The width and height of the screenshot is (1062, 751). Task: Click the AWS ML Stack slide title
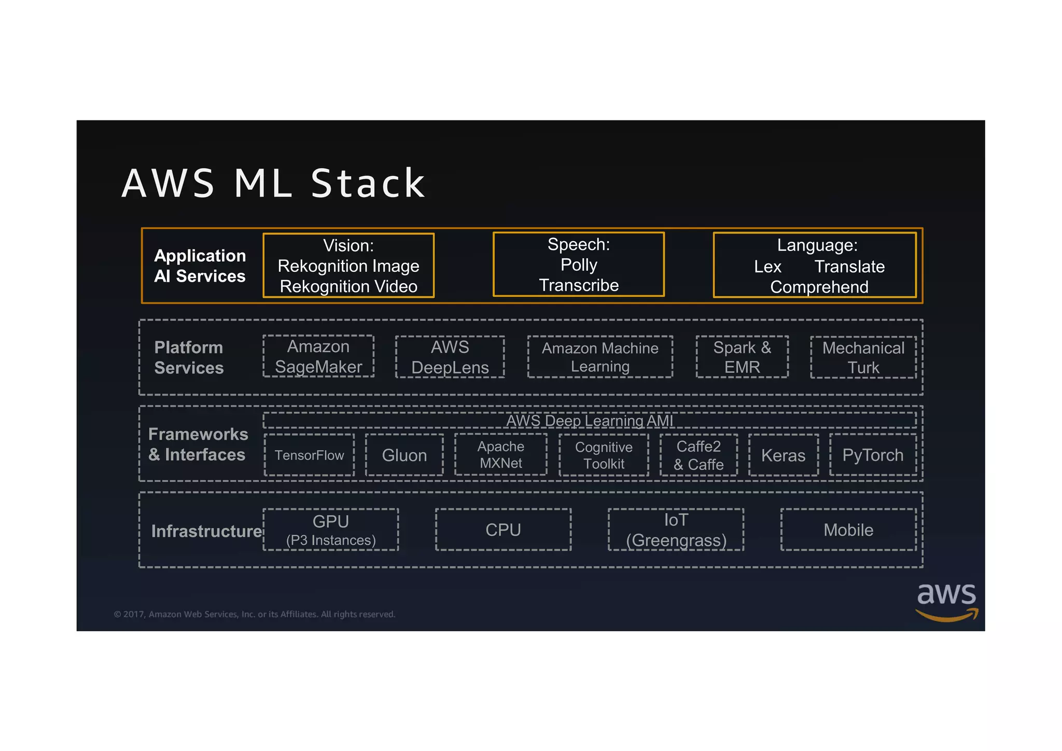tap(273, 184)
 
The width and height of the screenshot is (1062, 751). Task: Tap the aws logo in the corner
tap(946, 601)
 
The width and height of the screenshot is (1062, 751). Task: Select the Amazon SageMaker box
tap(318, 356)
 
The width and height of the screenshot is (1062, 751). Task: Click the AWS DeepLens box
tap(450, 357)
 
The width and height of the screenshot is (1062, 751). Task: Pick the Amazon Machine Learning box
tap(600, 357)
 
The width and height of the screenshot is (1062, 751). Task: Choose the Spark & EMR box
tap(742, 357)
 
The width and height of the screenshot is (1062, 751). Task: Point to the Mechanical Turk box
tap(863, 357)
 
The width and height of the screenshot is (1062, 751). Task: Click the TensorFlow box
tap(309, 455)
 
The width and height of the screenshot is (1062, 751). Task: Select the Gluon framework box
tap(404, 455)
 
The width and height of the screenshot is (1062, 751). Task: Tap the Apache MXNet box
tap(501, 454)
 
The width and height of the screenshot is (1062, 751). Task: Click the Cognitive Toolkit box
tap(604, 455)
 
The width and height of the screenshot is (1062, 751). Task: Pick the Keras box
tap(783, 455)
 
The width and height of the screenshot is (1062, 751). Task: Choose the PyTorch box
tap(873, 455)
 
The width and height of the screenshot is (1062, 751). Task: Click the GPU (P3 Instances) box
tap(331, 530)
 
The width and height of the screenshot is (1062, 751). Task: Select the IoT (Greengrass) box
tap(676, 530)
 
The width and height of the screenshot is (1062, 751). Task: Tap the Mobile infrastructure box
tap(848, 530)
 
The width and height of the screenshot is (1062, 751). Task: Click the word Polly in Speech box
tap(579, 265)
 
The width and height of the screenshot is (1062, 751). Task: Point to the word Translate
tap(849, 267)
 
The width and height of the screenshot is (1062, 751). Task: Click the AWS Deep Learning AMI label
tap(590, 421)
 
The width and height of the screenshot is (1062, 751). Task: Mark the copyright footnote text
tap(254, 614)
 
